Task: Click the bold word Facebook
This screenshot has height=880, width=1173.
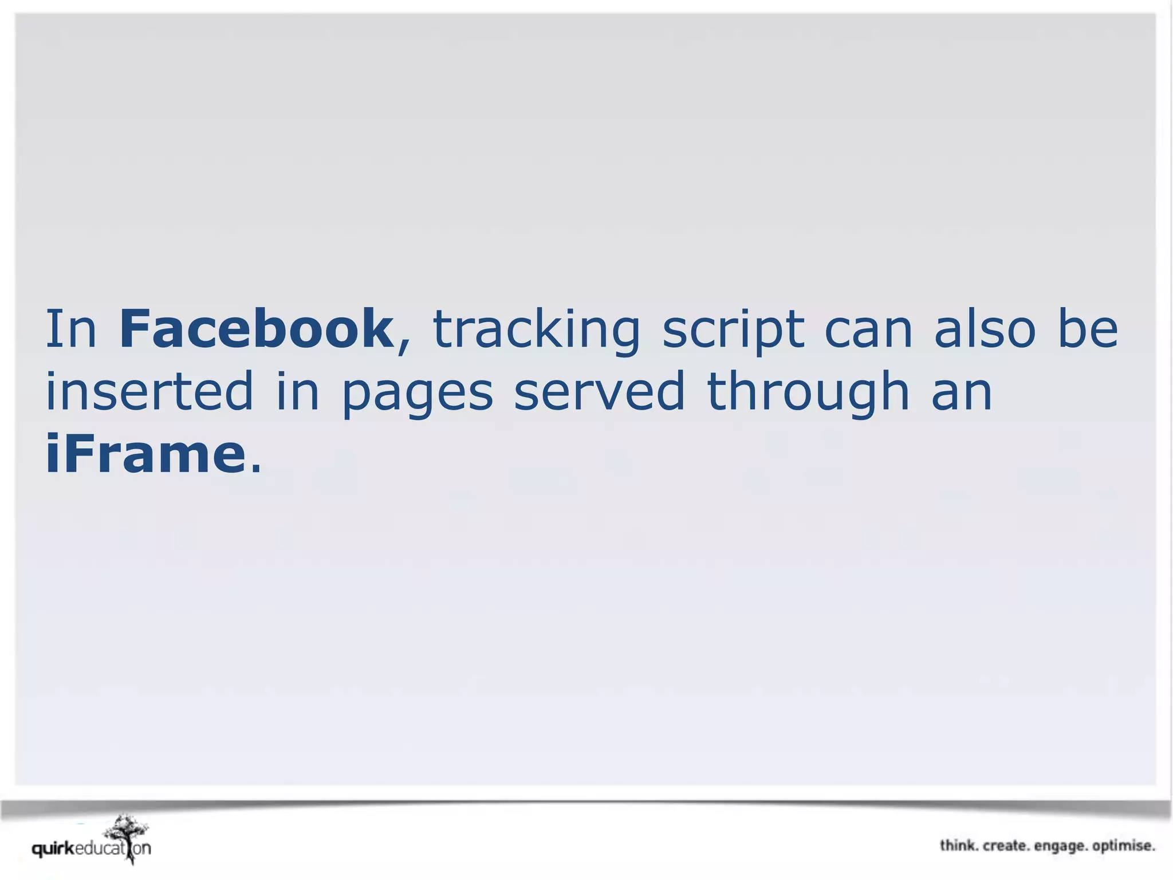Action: pyautogui.click(x=255, y=329)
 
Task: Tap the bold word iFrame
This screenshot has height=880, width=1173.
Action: pyautogui.click(x=145, y=454)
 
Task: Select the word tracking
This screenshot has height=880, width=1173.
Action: pyautogui.click(x=536, y=331)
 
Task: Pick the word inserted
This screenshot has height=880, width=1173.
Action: pyautogui.click(x=149, y=392)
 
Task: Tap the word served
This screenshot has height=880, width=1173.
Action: pyautogui.click(x=599, y=392)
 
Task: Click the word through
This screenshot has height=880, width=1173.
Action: pyautogui.click(x=808, y=394)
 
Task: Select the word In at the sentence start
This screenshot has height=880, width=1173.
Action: pyautogui.click(x=71, y=329)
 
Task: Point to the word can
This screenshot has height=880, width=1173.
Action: pyautogui.click(x=868, y=331)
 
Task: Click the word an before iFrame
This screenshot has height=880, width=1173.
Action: pyautogui.click(x=962, y=393)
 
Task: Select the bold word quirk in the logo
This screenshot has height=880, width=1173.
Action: pyautogui.click(x=53, y=848)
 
